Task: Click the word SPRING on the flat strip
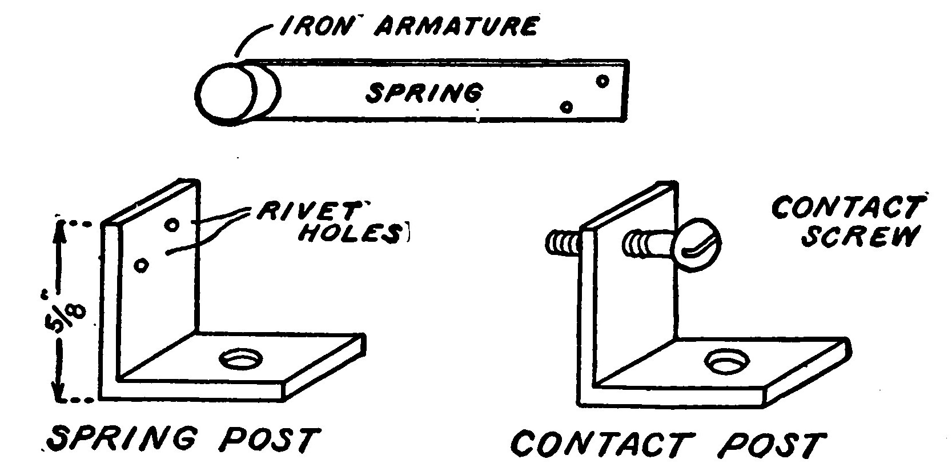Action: [x=424, y=93]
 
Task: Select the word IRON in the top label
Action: [x=313, y=26]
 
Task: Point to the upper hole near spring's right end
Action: [x=602, y=81]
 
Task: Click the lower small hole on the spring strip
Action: [x=566, y=106]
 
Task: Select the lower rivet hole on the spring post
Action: [x=141, y=264]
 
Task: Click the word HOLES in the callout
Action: [x=348, y=234]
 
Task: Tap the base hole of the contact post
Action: [x=726, y=360]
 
